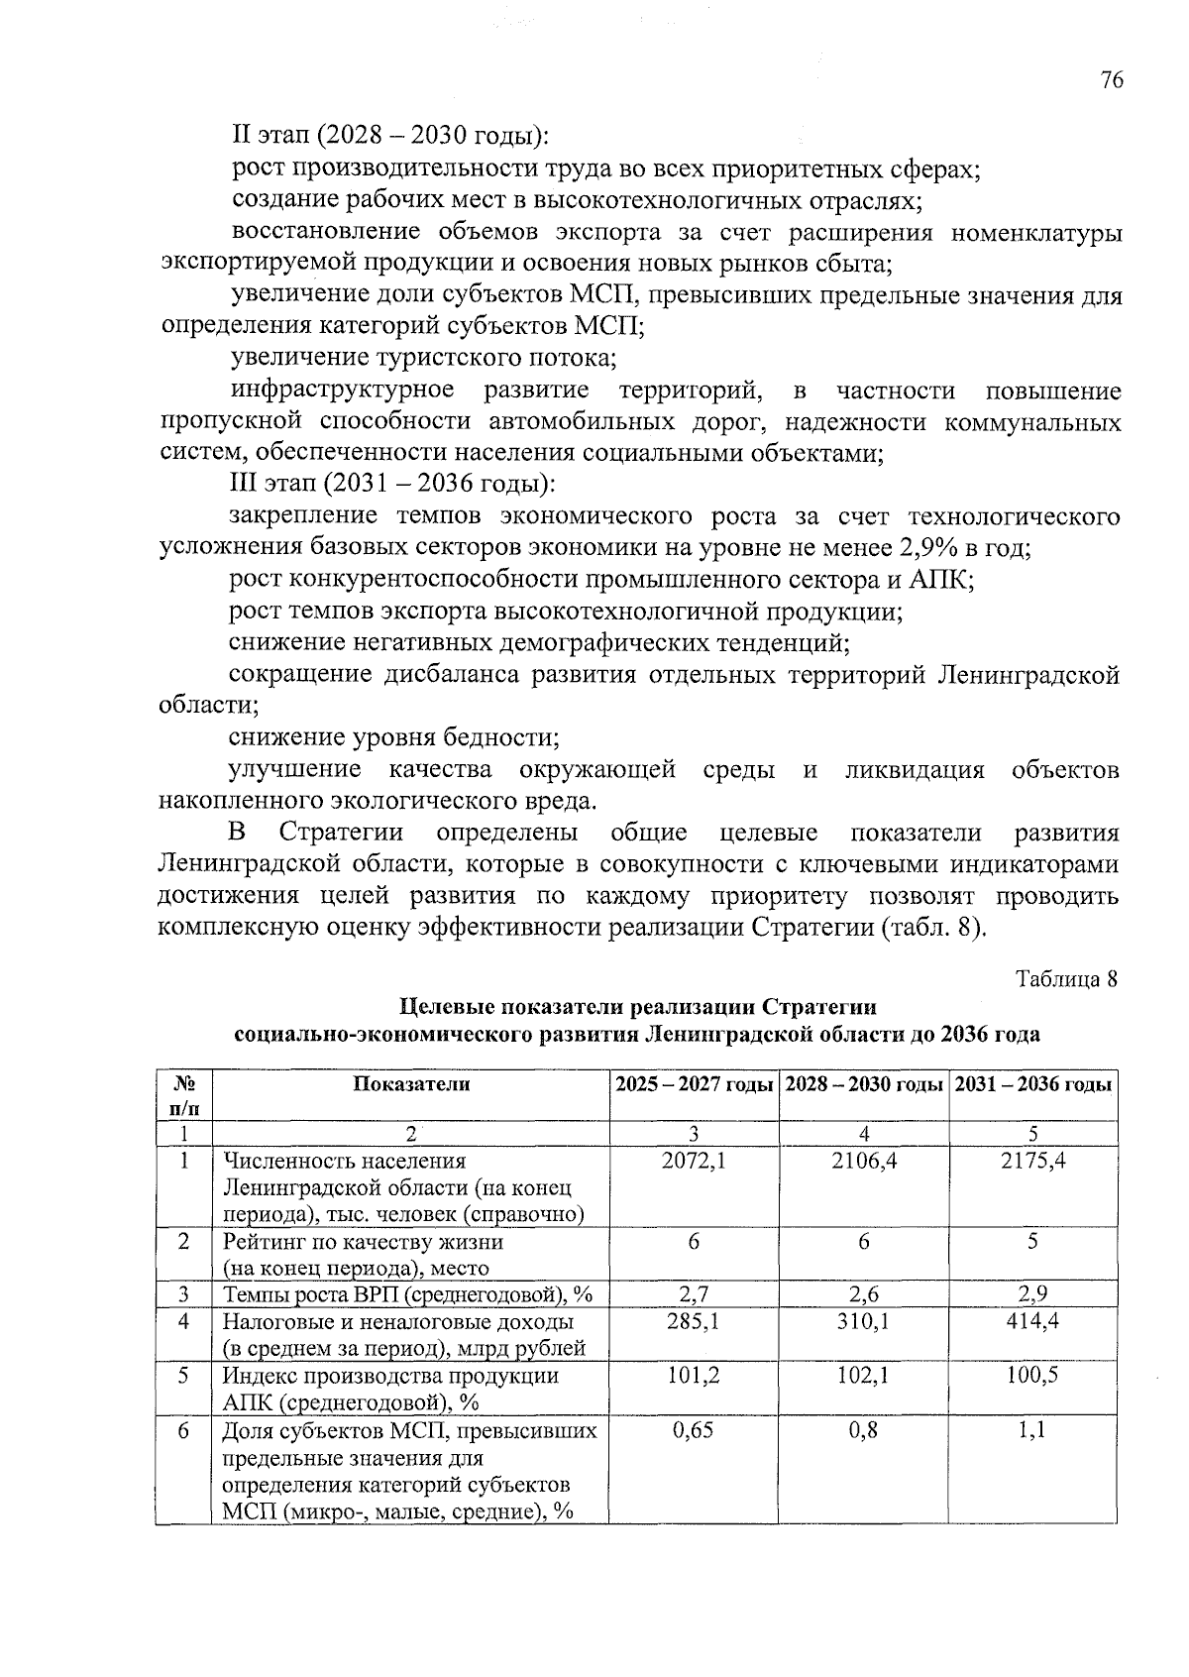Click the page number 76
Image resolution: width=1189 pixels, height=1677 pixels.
click(x=1111, y=81)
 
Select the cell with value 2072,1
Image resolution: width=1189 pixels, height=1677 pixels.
click(x=694, y=1160)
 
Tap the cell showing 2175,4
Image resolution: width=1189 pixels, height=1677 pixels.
click(x=1033, y=1160)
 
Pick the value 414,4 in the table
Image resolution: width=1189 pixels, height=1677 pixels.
click(x=1032, y=1321)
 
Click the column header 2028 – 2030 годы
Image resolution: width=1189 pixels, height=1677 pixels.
click(x=863, y=1084)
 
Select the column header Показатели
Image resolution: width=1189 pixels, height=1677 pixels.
click(x=411, y=1084)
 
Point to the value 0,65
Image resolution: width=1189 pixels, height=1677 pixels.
click(x=694, y=1430)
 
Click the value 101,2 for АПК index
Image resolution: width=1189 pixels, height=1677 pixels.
click(x=694, y=1376)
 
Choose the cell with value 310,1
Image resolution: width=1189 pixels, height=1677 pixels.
click(x=864, y=1321)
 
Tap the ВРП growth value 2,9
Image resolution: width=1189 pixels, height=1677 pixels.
click(x=1032, y=1293)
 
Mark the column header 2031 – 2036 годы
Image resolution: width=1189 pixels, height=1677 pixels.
click(x=1032, y=1084)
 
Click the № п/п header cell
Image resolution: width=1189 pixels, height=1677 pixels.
click(x=183, y=1093)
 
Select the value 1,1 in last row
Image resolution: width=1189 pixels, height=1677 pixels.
click(x=1032, y=1430)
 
